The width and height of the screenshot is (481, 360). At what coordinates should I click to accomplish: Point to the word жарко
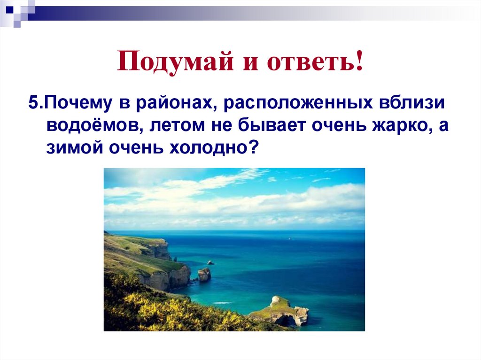coord(391,126)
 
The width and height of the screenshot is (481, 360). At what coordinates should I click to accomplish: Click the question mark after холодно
coord(254,149)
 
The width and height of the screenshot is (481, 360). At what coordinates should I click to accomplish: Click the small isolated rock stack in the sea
coord(204,274)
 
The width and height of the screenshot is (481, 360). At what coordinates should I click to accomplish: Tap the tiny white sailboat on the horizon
coord(288,238)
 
